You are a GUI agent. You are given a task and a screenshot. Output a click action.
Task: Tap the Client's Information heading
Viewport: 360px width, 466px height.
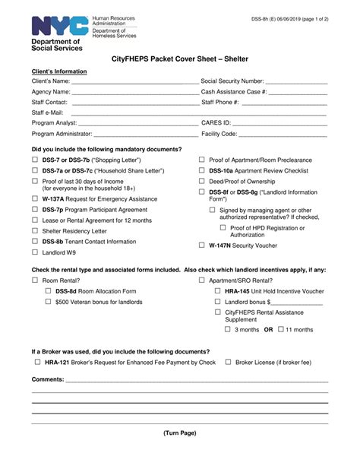click(x=59, y=71)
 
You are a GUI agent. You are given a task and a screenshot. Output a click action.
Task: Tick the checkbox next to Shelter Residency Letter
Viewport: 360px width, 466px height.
click(x=35, y=230)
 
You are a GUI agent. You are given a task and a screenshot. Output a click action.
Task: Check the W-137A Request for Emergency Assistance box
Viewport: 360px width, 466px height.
click(x=35, y=197)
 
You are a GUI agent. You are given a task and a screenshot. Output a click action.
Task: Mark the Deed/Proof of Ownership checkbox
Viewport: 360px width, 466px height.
click(x=201, y=182)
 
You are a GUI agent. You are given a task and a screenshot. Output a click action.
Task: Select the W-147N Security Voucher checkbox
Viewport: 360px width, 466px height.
click(x=201, y=246)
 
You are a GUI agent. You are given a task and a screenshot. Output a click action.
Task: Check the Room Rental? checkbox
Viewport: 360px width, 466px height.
click(x=35, y=281)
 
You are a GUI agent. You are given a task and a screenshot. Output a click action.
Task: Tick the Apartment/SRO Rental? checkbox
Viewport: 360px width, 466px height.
click(x=201, y=281)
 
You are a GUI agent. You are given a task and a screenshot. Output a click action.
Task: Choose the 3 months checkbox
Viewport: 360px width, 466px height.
click(x=228, y=329)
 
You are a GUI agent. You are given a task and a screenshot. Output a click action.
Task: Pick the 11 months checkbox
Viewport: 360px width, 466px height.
click(x=280, y=329)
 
